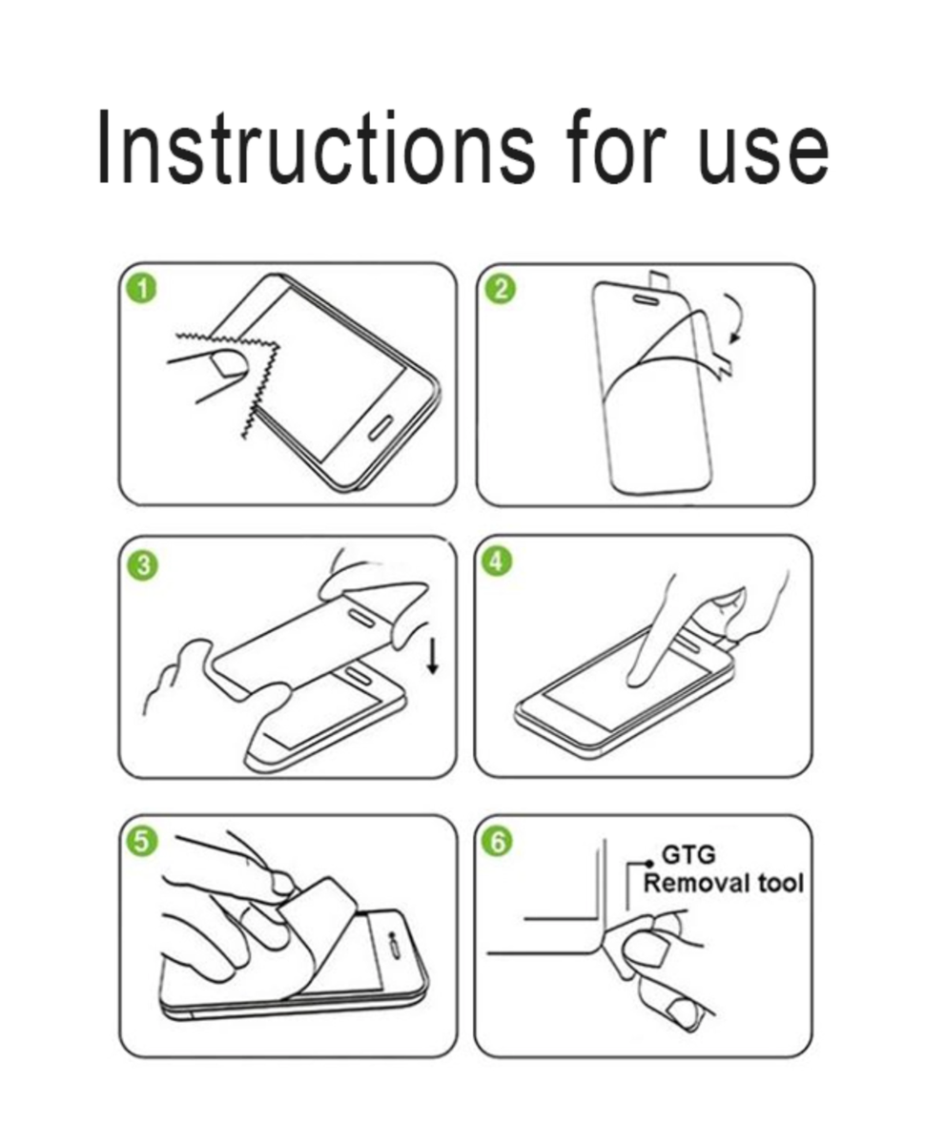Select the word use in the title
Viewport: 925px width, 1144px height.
(765, 155)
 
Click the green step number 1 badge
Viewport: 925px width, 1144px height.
(142, 290)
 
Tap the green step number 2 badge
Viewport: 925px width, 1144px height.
(500, 290)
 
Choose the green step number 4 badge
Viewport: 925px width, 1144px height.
(496, 562)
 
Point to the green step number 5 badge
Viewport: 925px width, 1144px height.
(141, 842)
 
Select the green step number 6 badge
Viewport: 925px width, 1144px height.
(498, 842)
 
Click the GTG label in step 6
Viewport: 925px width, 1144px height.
(689, 854)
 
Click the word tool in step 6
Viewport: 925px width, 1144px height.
(780, 884)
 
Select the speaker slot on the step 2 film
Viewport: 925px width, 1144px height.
(647, 297)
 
